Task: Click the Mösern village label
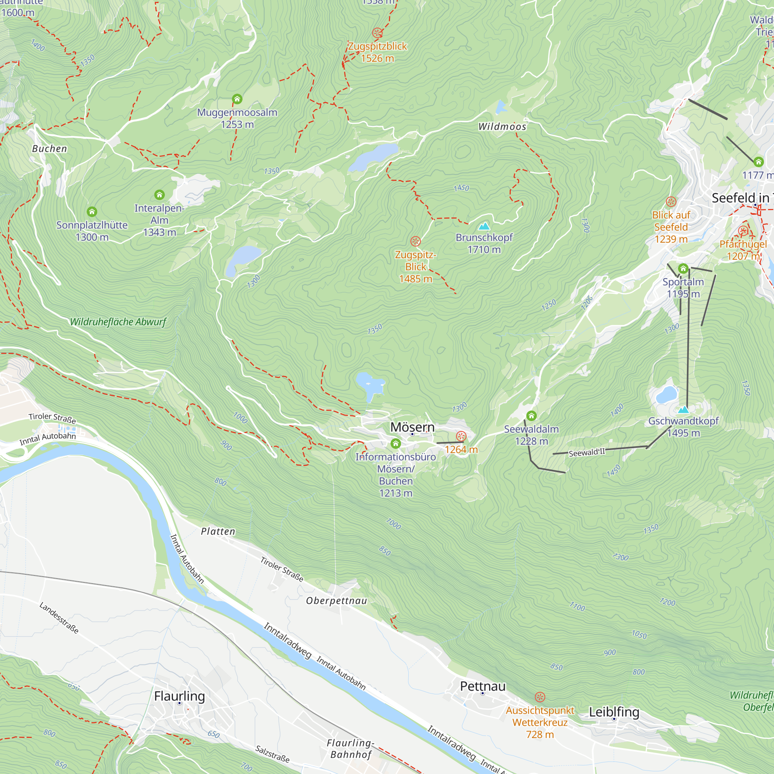pos(412,427)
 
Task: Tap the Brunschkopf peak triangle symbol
pos(484,226)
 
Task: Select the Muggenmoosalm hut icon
pos(237,99)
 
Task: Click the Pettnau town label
pos(483,686)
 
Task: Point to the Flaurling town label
pos(180,696)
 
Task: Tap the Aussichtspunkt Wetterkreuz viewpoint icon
pos(539,697)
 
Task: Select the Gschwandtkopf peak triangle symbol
pos(683,409)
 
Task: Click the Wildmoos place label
pos(502,127)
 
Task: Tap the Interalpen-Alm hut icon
pos(159,195)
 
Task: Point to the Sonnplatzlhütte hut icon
pos(92,212)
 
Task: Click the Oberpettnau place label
pos(337,601)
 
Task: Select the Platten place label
pos(218,532)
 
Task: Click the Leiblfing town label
pos(614,712)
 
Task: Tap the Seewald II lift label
pos(587,453)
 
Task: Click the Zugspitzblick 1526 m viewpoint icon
pos(377,33)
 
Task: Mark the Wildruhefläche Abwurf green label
pos(118,322)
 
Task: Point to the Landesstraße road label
pos(59,618)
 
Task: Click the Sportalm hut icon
pos(683,269)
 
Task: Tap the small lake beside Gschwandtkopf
pos(667,395)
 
